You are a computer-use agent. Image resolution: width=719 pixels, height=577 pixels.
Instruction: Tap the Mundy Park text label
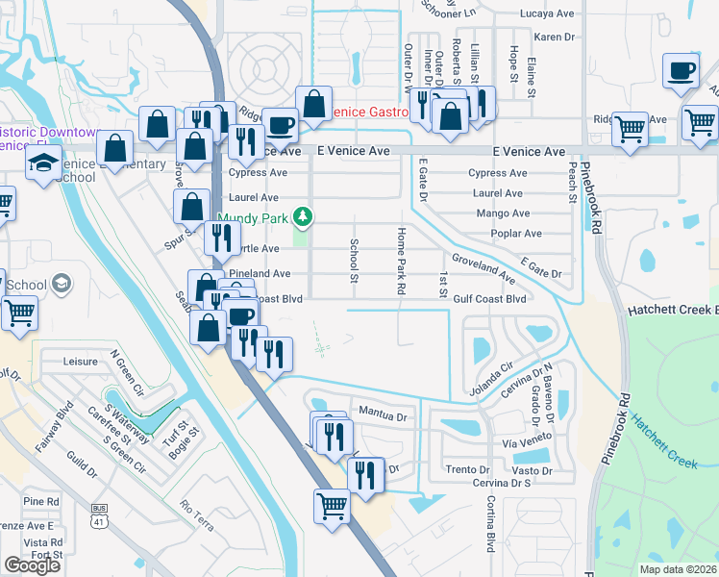pos(254,218)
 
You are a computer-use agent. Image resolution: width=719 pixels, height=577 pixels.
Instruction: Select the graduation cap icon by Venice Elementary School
pos(44,162)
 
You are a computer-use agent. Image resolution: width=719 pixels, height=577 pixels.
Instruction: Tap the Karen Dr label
pos(554,37)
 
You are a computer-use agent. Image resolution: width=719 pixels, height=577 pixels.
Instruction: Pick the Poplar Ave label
pos(515,234)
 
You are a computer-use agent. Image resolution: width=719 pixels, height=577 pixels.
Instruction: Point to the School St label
pos(354,261)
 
